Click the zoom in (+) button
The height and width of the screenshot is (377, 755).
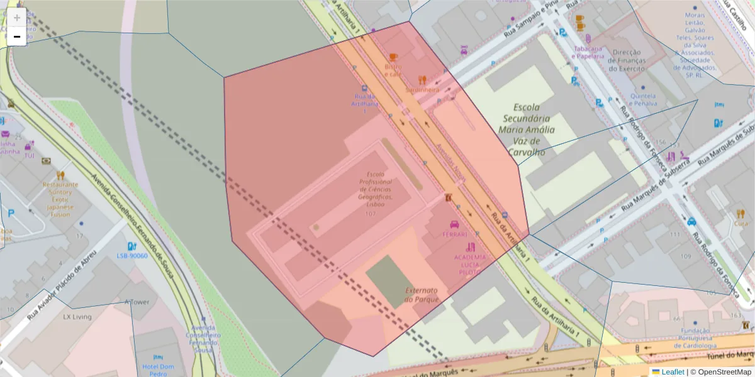click(x=17, y=18)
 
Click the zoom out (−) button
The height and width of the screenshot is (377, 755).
click(x=17, y=36)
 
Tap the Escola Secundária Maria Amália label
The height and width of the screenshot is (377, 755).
click(x=527, y=129)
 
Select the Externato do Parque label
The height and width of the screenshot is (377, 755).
click(x=422, y=295)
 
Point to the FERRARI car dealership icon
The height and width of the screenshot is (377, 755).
click(x=454, y=224)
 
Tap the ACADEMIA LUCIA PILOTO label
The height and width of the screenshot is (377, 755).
click(x=470, y=265)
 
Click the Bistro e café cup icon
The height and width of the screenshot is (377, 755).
click(x=393, y=57)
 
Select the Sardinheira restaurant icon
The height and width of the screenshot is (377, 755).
click(x=422, y=80)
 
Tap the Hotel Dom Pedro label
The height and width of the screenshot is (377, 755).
click(x=158, y=369)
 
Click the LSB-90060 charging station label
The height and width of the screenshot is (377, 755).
click(x=132, y=256)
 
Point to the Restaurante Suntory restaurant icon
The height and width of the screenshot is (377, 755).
click(x=61, y=175)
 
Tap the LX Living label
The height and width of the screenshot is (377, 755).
click(x=77, y=317)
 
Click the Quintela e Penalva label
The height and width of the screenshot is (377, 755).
click(x=643, y=99)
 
